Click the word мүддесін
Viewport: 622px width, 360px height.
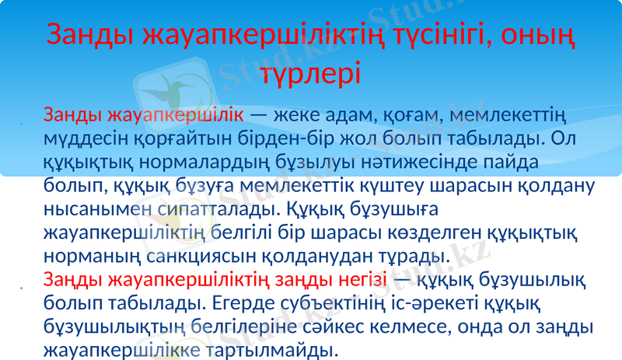[x=82, y=141]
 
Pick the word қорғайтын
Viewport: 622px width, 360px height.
[x=178, y=141]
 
